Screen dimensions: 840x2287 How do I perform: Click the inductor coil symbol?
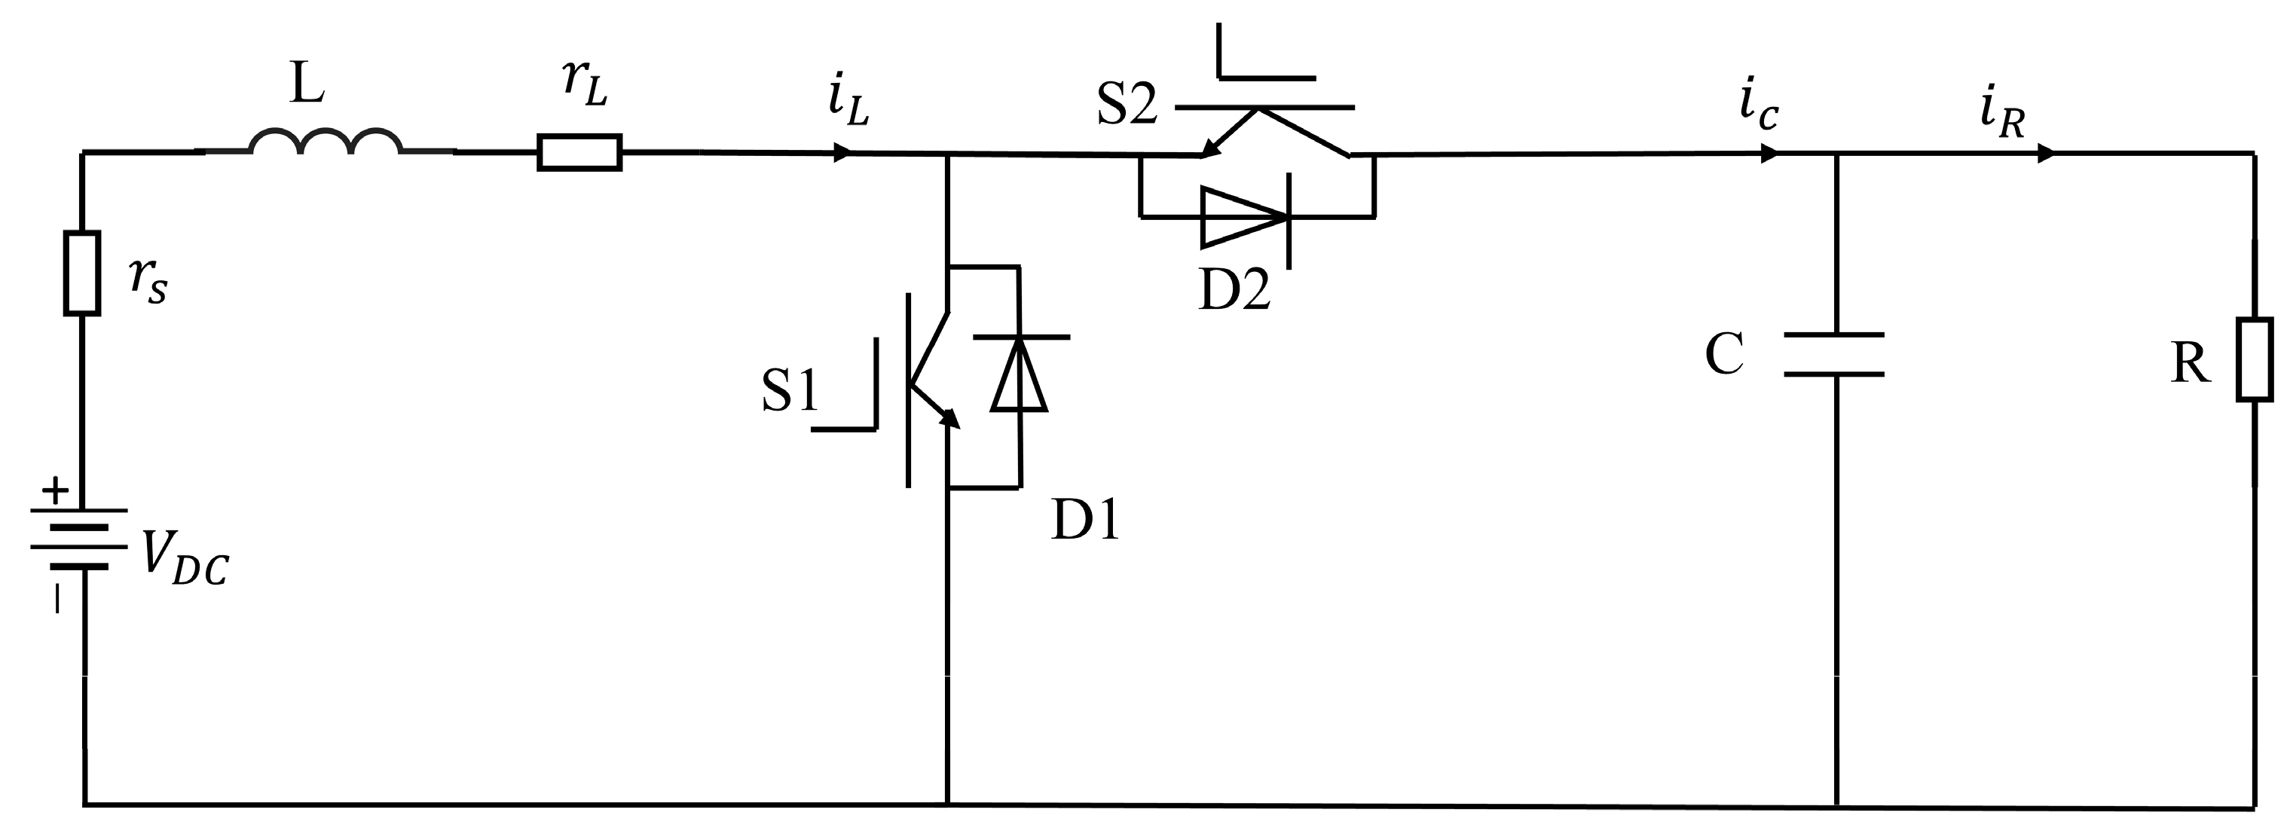click(x=326, y=142)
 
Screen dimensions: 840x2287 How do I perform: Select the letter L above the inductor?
click(x=307, y=84)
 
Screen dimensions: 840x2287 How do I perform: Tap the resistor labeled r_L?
click(x=579, y=153)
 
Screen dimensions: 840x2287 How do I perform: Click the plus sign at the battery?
click(x=55, y=490)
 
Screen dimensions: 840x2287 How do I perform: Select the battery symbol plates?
click(x=80, y=538)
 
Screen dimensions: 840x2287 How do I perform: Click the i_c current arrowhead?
click(x=1769, y=154)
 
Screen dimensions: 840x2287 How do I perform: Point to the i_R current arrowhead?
click(x=2044, y=154)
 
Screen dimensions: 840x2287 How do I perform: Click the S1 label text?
click(x=789, y=391)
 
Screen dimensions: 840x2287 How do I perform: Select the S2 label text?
click(x=1126, y=104)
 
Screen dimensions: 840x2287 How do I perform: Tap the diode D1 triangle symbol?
click(x=1020, y=374)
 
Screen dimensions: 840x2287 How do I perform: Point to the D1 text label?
click(x=1085, y=520)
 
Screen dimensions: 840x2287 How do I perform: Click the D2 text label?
click(x=1234, y=289)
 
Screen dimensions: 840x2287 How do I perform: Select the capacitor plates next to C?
click(x=1834, y=354)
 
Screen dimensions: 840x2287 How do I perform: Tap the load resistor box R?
click(x=2254, y=359)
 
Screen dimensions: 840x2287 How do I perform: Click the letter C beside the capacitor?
click(x=1724, y=353)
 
